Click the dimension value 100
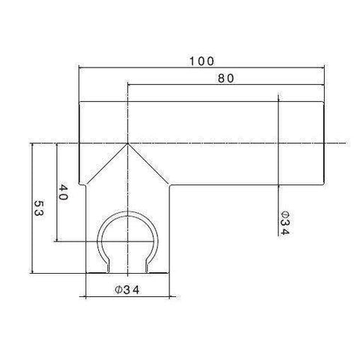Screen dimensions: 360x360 pyautogui.click(x=202, y=60)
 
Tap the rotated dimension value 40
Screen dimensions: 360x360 pyautogui.click(x=63, y=192)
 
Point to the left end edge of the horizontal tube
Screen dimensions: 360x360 pyautogui.click(x=79, y=142)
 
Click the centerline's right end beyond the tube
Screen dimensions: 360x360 pyautogui.click(x=339, y=143)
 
